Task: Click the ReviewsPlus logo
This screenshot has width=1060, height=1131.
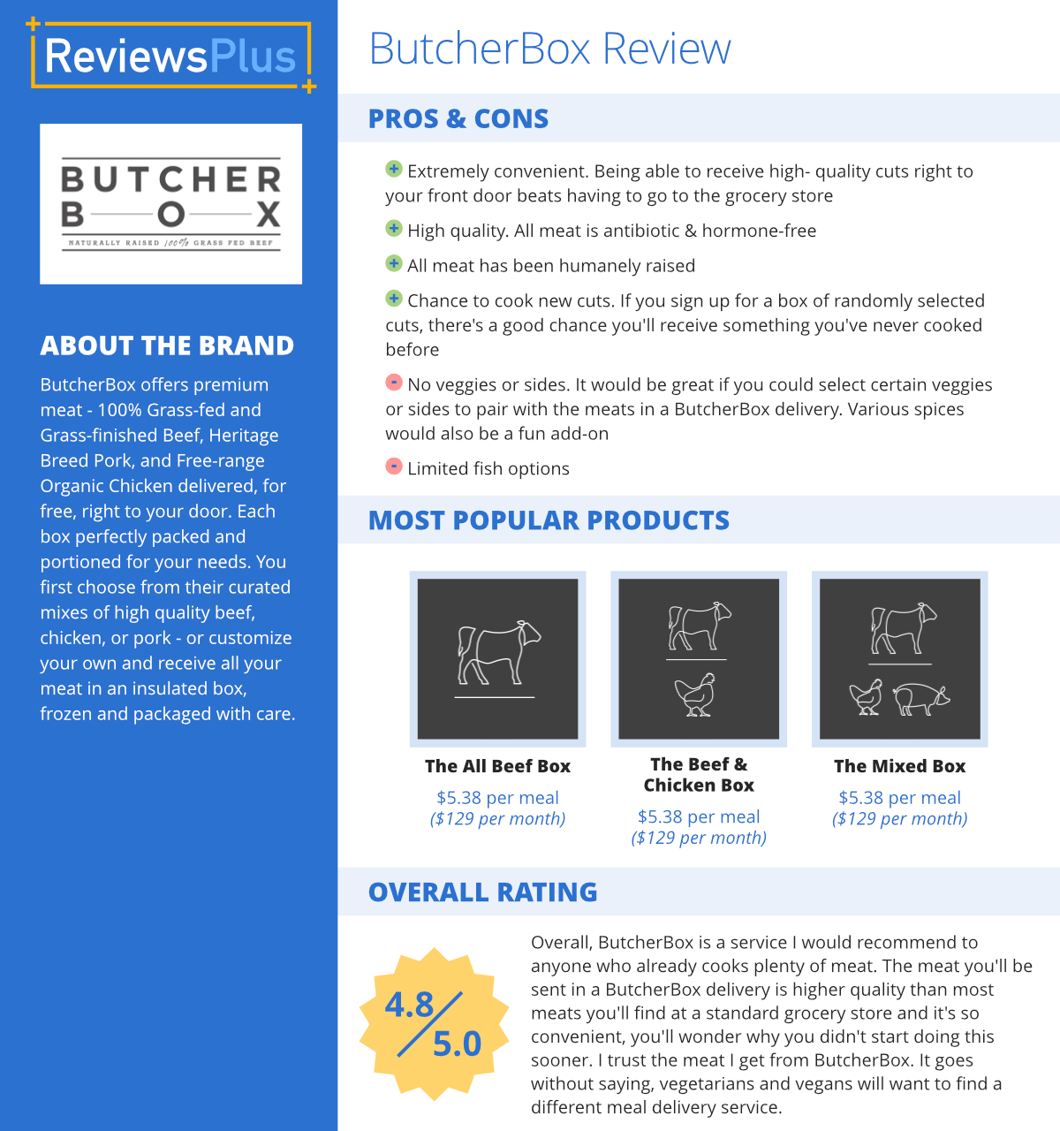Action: pos(170,56)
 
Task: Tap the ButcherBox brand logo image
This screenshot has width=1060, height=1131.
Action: pos(170,204)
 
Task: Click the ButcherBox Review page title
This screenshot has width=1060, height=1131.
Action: pos(549,49)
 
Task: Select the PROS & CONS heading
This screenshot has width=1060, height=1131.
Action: pos(458,118)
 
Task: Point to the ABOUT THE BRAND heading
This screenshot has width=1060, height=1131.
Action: pos(167,345)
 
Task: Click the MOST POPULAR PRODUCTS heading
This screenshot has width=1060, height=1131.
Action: pos(549,520)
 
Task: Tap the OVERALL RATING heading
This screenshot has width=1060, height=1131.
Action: pos(482,892)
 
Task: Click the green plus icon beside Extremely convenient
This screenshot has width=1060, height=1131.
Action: pos(394,170)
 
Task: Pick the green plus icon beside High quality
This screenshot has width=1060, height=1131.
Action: pos(394,229)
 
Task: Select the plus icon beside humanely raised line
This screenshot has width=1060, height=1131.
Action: pos(394,263)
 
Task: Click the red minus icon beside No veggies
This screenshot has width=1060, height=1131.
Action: pos(394,383)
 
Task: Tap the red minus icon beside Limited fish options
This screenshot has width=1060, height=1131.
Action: pos(394,467)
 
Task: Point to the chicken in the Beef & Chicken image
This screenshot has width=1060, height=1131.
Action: pos(696,695)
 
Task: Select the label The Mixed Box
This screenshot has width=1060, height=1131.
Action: pos(899,766)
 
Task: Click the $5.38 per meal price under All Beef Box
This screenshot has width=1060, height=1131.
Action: pos(497,798)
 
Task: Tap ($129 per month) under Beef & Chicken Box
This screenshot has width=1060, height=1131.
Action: pos(699,838)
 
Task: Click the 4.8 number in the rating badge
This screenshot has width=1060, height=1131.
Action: pos(409,1005)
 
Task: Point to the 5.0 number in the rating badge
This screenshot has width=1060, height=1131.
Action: pos(457,1044)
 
